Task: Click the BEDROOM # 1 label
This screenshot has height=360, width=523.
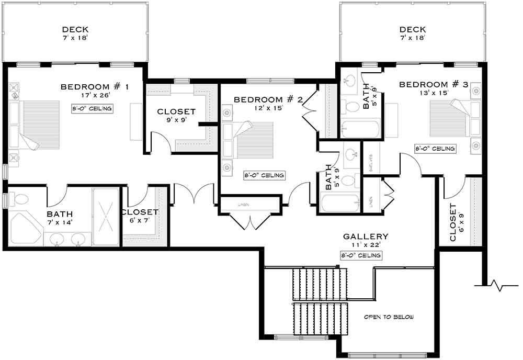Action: [x=94, y=86]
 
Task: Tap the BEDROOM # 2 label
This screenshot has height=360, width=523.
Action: [x=266, y=99]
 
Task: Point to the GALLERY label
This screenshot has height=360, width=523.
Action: [x=358, y=237]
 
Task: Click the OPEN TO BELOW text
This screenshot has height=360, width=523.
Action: [x=389, y=317]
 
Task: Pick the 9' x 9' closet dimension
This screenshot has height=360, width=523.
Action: [x=176, y=121]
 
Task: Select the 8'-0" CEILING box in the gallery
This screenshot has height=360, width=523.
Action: [x=360, y=256]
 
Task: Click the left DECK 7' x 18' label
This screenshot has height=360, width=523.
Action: [x=75, y=33]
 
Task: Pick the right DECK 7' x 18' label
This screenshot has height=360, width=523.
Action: [x=412, y=33]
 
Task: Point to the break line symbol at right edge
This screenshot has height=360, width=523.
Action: [x=496, y=286]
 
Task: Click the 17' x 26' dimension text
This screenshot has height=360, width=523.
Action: [x=94, y=96]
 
